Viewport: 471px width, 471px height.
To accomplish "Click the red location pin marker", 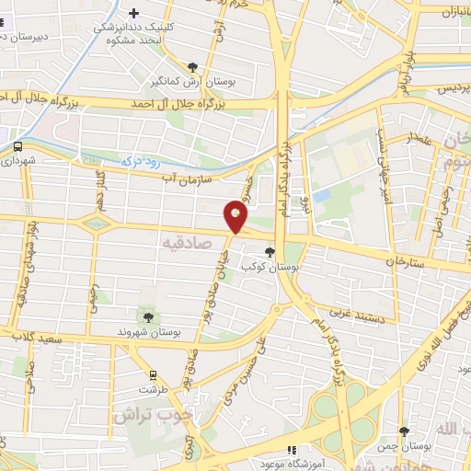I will [237, 217].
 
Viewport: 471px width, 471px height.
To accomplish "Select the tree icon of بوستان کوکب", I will [270, 251].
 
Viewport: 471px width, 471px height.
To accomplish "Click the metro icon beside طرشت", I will [153, 375].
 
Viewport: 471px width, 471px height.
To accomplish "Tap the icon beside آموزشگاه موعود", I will [292, 451].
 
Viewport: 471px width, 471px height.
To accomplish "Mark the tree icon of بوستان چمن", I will [404, 431].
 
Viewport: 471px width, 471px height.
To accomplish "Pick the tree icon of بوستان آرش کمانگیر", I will [192, 67].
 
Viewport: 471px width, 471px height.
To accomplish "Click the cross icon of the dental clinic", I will [135, 13].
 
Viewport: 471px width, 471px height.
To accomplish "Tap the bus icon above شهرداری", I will [18, 144].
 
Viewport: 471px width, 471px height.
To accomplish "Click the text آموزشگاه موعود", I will [332, 457].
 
